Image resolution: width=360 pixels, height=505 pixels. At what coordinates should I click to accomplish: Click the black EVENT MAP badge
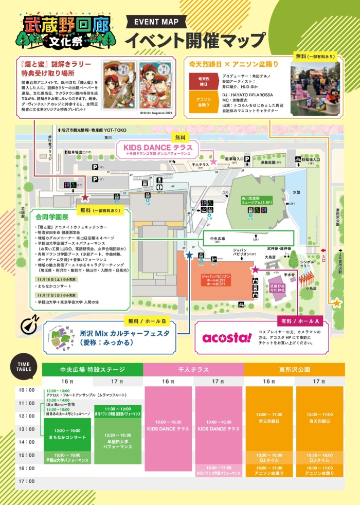click(x=156, y=22)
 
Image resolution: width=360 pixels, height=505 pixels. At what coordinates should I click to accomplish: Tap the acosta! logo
click(x=227, y=337)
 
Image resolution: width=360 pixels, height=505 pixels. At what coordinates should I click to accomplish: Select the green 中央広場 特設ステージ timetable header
click(x=93, y=369)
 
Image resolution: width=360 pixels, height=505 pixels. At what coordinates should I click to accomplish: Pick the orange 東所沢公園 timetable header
click(x=294, y=369)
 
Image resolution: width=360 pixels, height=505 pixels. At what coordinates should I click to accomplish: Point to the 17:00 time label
click(x=27, y=481)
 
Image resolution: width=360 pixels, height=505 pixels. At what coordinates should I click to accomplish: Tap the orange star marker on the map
click(x=337, y=303)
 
